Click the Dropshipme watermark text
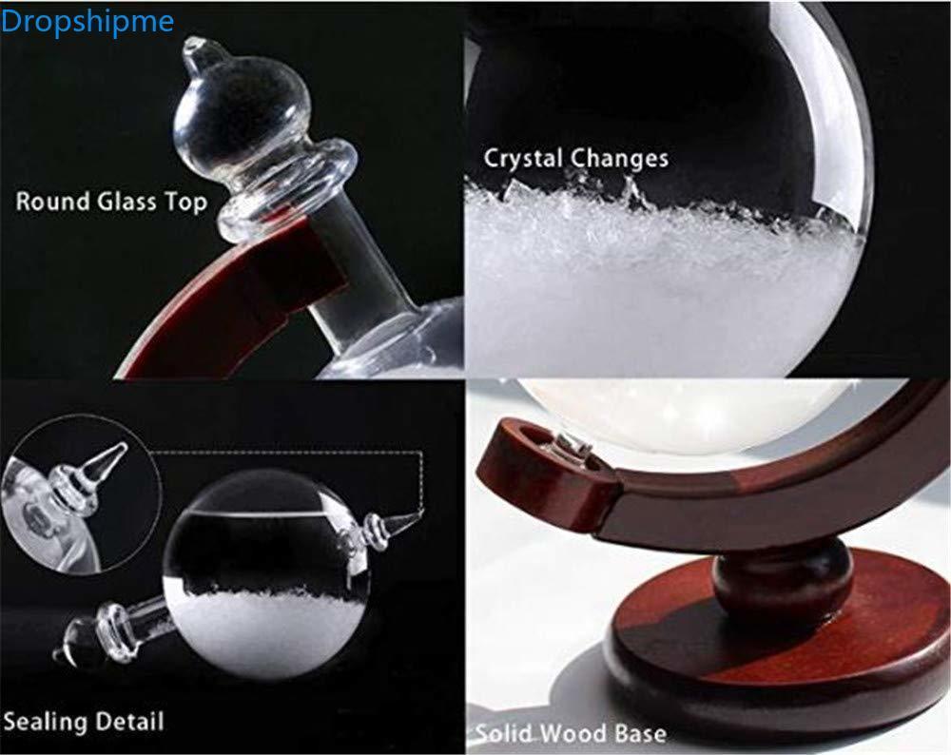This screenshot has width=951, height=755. pyautogui.click(x=87, y=22)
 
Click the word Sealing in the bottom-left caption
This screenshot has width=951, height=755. pyautogui.click(x=45, y=723)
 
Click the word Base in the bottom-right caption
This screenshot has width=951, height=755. pyautogui.click(x=641, y=733)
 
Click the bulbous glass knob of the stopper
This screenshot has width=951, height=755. pyautogui.click(x=222, y=117)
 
